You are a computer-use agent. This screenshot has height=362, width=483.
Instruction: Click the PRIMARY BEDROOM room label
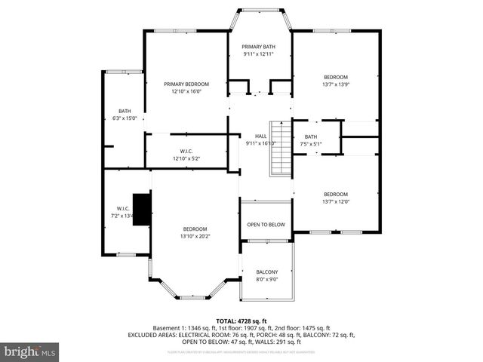click(x=186, y=84)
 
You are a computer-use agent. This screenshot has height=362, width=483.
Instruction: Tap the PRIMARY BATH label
click(x=258, y=46)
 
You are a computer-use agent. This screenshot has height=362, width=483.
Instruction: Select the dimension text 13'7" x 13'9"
click(x=336, y=85)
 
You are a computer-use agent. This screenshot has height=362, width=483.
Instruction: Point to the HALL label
click(x=260, y=136)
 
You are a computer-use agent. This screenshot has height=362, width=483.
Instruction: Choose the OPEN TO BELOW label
click(x=266, y=225)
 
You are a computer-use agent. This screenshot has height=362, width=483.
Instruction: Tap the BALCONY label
click(x=266, y=272)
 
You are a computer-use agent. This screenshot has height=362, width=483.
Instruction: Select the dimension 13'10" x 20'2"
click(x=195, y=236)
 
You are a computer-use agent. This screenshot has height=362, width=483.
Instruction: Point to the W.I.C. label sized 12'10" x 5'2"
click(x=186, y=151)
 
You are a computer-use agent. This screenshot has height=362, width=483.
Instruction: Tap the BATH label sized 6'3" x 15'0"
click(x=124, y=111)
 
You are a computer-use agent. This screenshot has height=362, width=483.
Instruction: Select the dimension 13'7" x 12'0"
click(x=336, y=201)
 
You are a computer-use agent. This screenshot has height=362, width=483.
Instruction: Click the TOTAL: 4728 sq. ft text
click(x=241, y=321)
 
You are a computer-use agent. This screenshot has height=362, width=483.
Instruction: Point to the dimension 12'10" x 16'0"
click(x=186, y=92)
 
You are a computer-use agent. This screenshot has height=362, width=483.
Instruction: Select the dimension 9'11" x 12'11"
click(x=258, y=54)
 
